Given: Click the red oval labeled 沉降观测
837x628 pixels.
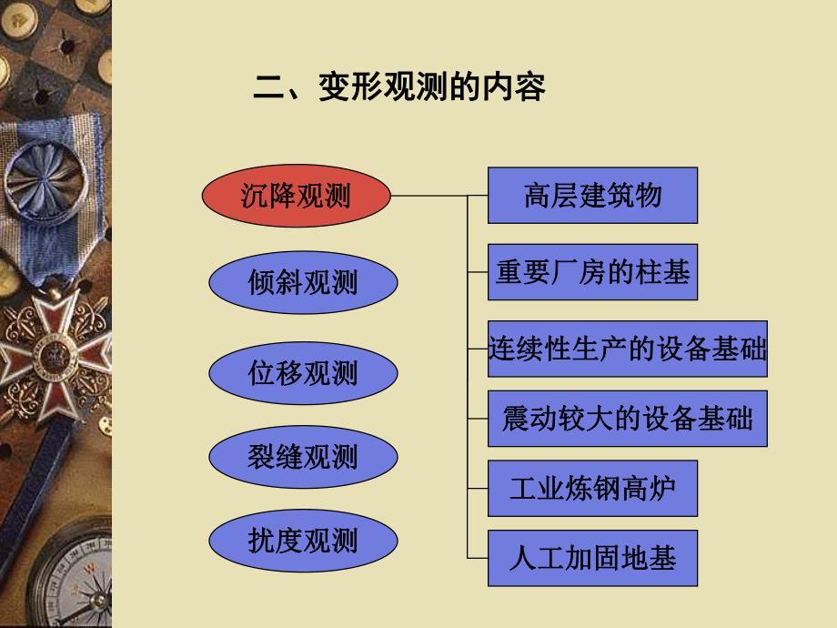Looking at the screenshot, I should click(x=296, y=196).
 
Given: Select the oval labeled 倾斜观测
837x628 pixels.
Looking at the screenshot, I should click(x=303, y=282).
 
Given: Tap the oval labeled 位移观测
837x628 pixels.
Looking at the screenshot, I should click(x=303, y=373).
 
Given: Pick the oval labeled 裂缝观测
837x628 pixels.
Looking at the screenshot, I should click(x=303, y=457).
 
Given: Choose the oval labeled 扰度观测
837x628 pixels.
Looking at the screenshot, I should click(x=303, y=542).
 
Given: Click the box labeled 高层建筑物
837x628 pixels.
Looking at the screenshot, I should click(x=592, y=195).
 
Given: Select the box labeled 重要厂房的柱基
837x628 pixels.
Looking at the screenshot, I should click(x=592, y=271).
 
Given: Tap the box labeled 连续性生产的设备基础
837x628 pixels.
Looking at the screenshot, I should click(x=627, y=349).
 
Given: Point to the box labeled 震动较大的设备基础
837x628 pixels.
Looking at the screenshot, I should click(x=627, y=419).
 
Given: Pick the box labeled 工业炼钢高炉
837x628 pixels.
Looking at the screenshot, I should click(x=592, y=489).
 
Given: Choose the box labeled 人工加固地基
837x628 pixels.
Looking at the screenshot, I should click(x=592, y=558).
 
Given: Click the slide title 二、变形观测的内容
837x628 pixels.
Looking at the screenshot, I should click(x=398, y=88).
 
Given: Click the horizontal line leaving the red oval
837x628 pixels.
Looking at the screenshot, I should click(x=428, y=196).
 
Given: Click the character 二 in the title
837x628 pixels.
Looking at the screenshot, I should click(x=266, y=88).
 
